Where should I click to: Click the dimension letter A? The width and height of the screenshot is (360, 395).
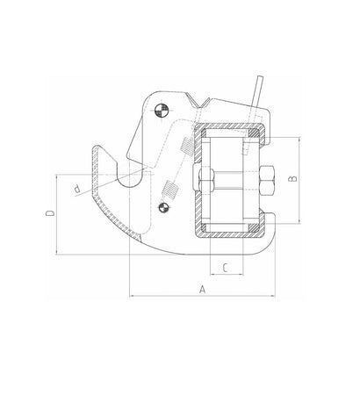pos(203,288)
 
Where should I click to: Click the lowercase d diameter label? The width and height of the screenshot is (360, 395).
pos(79,189)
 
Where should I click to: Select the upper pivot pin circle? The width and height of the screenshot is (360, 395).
pos(162,109)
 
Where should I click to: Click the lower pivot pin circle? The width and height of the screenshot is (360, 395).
pos(162,206)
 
